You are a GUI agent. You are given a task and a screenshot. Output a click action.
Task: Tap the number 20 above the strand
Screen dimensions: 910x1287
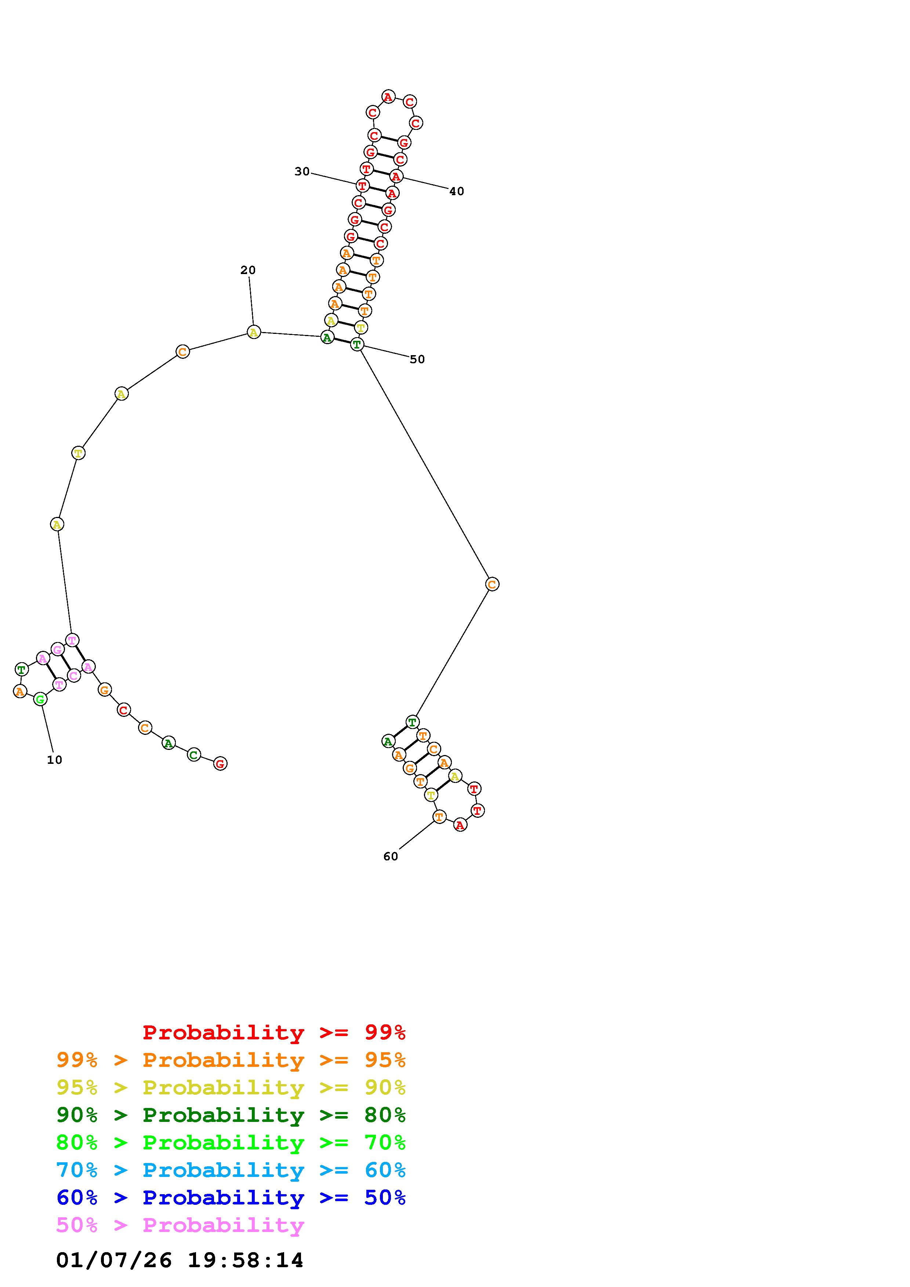pyautogui.click(x=248, y=270)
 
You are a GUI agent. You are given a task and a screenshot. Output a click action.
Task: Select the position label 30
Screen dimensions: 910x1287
pyautogui.click(x=302, y=172)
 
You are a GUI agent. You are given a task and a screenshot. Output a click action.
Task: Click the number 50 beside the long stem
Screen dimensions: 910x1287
pyautogui.click(x=417, y=359)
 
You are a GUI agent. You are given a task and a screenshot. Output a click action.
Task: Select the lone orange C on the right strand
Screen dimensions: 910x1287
pyautogui.click(x=492, y=584)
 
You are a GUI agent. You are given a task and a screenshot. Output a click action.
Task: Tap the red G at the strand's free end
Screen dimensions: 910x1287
pyautogui.click(x=220, y=763)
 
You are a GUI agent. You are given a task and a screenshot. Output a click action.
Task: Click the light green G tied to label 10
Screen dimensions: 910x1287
pyautogui.click(x=40, y=699)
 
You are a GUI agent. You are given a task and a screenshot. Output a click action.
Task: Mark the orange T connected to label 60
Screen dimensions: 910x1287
pyautogui.click(x=439, y=817)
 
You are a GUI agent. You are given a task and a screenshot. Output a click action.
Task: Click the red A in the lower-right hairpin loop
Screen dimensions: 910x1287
pyautogui.click(x=460, y=825)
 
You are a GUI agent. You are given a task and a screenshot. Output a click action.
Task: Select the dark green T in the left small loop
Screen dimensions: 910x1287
pyautogui.click(x=21, y=669)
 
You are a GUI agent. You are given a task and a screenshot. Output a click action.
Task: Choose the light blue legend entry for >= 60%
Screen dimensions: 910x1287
pyautogui.click(x=231, y=1170)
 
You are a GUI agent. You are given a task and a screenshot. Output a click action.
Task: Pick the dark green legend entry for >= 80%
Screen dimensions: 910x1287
pyautogui.click(x=231, y=1115)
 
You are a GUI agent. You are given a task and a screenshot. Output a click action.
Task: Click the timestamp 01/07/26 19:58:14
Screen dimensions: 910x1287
pyautogui.click(x=180, y=1261)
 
